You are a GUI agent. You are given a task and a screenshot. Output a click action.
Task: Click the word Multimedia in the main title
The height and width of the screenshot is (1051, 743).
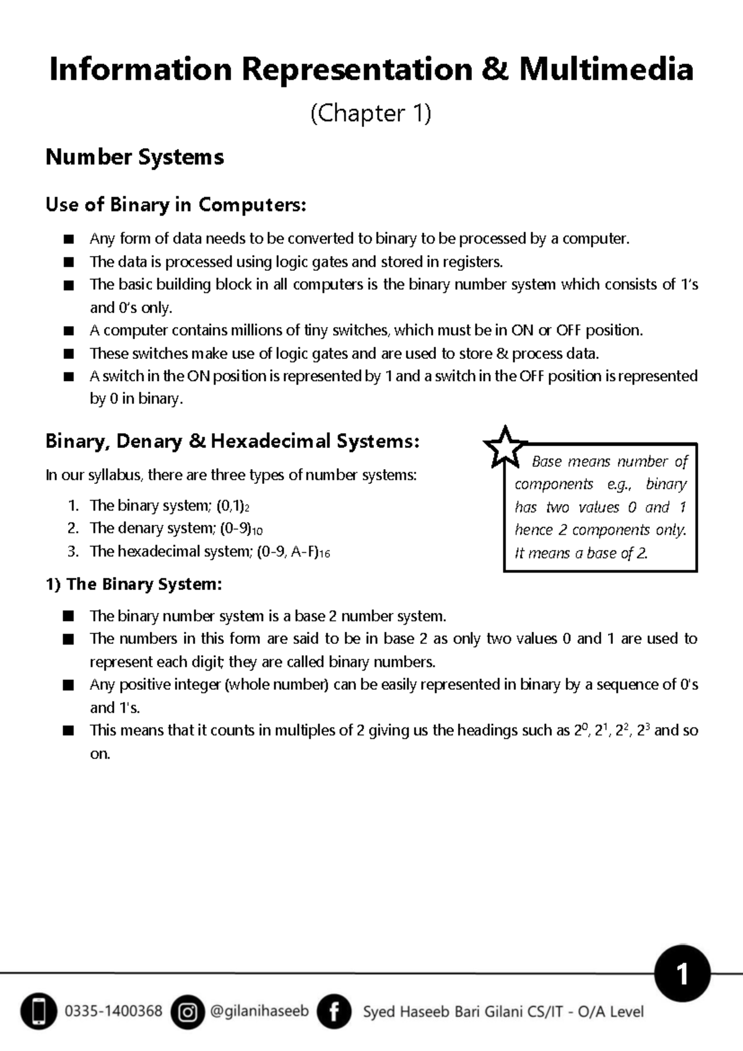point(606,69)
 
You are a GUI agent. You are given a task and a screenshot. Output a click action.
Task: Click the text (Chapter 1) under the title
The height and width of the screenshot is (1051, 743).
point(370,113)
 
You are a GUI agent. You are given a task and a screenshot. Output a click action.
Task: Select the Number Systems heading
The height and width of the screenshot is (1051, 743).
point(134,157)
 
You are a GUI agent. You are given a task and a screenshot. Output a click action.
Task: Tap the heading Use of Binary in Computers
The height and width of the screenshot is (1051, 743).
point(176,204)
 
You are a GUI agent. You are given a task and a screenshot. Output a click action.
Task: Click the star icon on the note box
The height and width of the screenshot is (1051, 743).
point(505,447)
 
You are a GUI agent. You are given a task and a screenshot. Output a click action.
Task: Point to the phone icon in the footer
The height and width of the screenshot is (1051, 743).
point(38,1012)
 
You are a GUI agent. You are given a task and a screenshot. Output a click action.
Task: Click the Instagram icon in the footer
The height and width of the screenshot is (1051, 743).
point(187,1012)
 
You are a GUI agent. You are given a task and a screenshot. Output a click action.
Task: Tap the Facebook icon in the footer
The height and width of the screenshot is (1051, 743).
point(334,1012)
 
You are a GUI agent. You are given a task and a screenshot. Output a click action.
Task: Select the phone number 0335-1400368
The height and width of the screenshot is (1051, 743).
point(113,1011)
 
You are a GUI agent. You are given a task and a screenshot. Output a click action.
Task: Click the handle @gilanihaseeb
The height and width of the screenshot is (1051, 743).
point(259,1011)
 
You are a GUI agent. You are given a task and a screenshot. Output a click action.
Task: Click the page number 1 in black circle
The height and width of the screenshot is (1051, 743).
point(682,975)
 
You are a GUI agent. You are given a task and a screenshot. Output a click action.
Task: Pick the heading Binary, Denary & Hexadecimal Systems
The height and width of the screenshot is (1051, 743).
point(232,441)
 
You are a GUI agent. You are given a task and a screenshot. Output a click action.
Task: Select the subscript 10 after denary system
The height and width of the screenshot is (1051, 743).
point(257,531)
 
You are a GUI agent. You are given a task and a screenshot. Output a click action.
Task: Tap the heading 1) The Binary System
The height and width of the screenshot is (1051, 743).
point(134,584)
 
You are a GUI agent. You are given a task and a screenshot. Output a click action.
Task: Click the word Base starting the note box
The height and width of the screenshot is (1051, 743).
point(547,462)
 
